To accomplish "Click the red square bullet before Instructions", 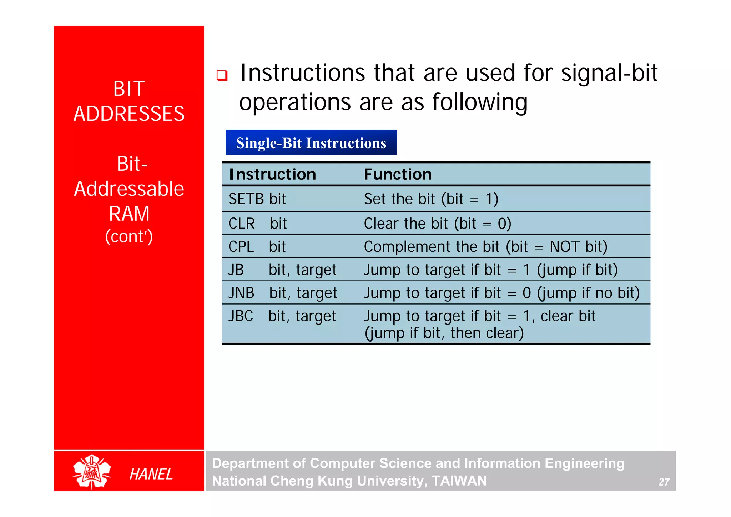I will pos(222,75).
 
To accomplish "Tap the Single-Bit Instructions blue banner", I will pos(311,142).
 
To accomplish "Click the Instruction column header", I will pos(272,174).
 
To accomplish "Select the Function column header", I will pos(398,174).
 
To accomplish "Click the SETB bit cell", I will pos(257,199).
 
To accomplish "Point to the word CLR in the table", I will pos(242,224).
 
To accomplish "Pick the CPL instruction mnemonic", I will pos(241,247).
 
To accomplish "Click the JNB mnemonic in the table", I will pos(241,293).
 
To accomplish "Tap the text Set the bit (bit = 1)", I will pos(431,199).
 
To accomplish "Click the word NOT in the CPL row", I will pos(564,247).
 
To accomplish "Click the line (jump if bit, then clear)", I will pos(444,333).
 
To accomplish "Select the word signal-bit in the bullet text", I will pos(609,73).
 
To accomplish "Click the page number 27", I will pos(664,482).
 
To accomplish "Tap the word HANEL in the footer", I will pos(151,474).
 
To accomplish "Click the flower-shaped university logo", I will pos(92,471).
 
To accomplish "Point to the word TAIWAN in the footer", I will pos(459,481).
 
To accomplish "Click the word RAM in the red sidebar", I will pos(129,214).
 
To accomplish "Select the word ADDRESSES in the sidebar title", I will pos(129,114).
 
